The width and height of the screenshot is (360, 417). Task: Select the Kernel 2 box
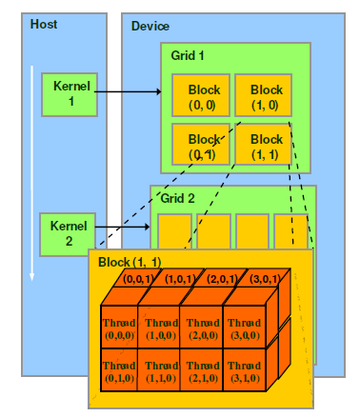pos(67,233)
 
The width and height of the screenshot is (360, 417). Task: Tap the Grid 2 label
pos(179,200)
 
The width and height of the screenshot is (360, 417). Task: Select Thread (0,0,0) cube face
pos(120,328)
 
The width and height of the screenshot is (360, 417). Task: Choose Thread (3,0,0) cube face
pos(244,328)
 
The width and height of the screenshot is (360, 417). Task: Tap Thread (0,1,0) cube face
pos(120,371)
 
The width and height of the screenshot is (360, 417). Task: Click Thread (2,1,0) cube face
pos(203,371)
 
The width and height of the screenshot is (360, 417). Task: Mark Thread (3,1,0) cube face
pos(244,371)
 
